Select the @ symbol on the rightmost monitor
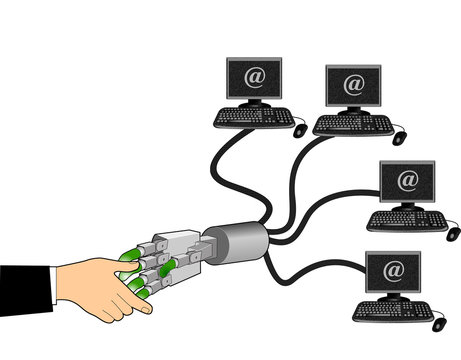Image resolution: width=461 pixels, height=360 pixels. [x=408, y=181]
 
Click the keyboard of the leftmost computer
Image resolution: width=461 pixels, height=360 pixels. [x=253, y=117]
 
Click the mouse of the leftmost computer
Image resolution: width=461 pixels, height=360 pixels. [x=299, y=129]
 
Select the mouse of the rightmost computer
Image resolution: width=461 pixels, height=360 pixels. [x=452, y=233]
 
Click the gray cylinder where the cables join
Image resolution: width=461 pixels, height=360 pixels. [x=243, y=241]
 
